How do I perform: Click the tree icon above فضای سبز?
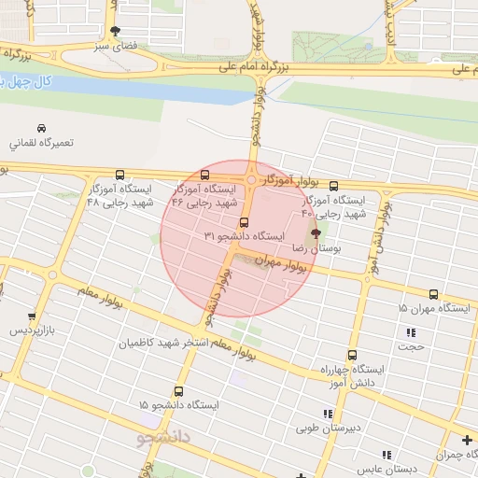115,31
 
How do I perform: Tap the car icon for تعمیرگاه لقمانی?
42,128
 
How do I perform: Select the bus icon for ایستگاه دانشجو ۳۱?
245,222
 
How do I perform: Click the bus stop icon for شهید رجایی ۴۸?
119,175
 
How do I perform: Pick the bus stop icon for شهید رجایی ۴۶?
205,175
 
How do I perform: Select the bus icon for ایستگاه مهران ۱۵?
433,294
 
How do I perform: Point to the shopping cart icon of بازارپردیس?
33,316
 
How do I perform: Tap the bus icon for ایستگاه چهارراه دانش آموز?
352,355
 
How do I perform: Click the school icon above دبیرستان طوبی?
327,414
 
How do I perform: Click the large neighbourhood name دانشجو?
164,436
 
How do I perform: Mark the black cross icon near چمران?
467,440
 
